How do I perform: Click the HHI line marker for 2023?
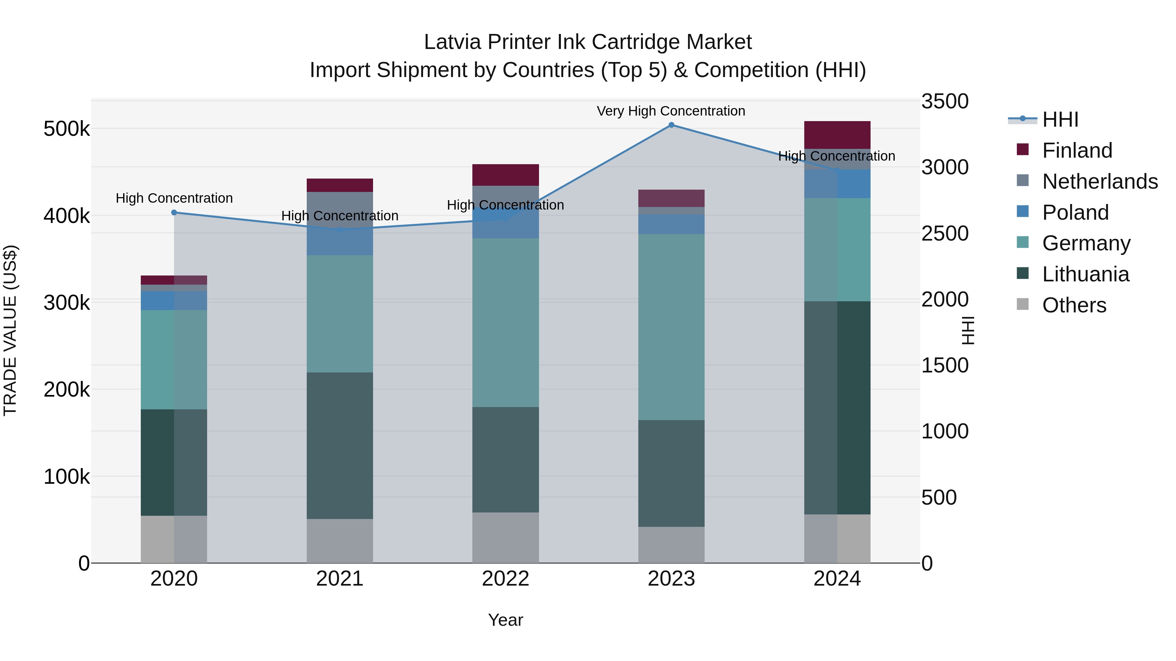(671, 125)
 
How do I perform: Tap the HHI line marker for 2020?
(174, 212)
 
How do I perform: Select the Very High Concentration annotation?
(671, 111)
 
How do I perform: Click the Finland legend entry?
(1077, 150)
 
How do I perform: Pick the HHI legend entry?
(1060, 119)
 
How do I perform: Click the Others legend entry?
(1074, 305)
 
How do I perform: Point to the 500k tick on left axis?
(67, 129)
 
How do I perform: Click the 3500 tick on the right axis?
(944, 101)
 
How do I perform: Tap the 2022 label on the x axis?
(505, 579)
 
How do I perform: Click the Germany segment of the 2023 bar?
(671, 327)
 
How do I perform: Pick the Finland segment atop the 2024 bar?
(837, 135)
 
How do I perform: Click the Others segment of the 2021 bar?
(340, 541)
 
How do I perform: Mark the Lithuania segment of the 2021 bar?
(340, 446)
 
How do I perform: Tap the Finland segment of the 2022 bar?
(505, 175)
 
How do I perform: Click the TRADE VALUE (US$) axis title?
(10, 330)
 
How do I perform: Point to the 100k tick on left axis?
(67, 477)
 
